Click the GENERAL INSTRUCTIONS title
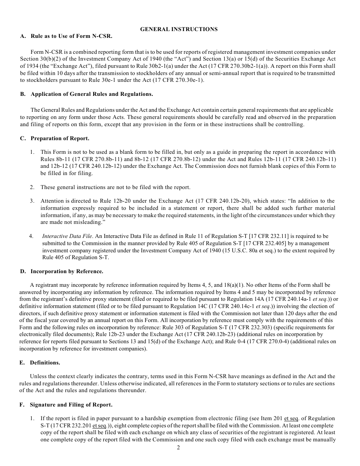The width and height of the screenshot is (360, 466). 179,29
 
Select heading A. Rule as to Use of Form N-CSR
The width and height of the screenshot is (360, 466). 66,36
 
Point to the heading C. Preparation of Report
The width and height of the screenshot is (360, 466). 55,138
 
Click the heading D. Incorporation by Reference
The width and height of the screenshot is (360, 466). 61,271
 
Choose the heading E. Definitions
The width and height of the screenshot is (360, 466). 40,363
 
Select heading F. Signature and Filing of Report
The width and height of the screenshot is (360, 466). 66,405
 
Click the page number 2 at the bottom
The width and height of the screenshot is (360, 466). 178,447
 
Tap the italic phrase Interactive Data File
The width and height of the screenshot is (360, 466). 67,236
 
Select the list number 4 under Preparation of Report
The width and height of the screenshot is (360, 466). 31,236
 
